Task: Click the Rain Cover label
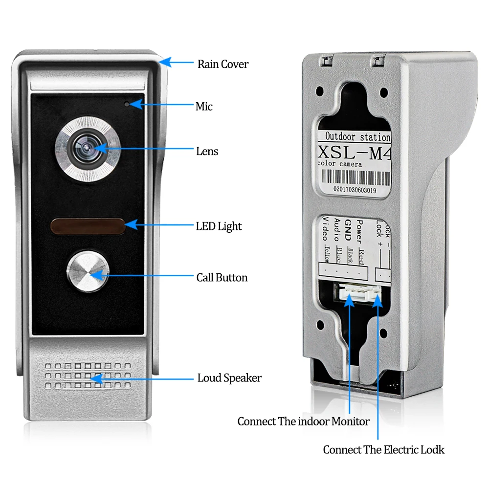(x=222, y=64)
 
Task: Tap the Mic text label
(x=204, y=106)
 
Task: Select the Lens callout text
(x=207, y=152)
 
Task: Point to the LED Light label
(x=219, y=226)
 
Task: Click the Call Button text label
(x=222, y=278)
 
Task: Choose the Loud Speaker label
(x=229, y=378)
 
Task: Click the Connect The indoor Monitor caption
(x=303, y=421)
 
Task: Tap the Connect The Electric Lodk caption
(x=384, y=450)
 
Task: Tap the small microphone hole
(x=127, y=104)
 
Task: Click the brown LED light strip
(x=87, y=226)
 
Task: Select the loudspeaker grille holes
(x=88, y=376)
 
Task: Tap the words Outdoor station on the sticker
(x=357, y=137)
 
